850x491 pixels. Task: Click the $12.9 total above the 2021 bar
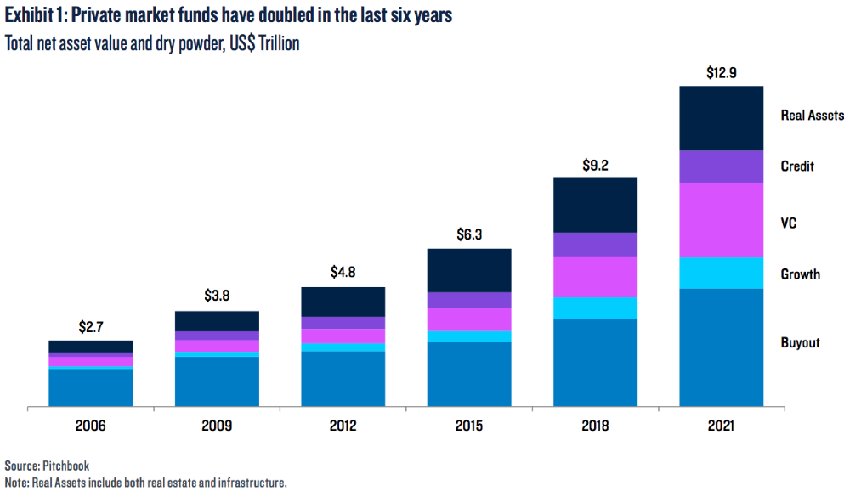click(722, 73)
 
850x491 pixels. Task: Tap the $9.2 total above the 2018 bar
click(595, 164)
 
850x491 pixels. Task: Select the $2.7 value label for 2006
click(90, 327)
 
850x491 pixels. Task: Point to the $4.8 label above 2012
click(343, 274)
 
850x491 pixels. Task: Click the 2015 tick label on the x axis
click(468, 426)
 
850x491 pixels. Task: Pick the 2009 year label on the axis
click(216, 426)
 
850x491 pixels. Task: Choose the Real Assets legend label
click(812, 115)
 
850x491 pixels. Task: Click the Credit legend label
click(797, 166)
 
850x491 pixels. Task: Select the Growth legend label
click(800, 274)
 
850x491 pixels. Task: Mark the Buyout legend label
click(800, 343)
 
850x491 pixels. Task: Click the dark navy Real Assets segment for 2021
click(722, 118)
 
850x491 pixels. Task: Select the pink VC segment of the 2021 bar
click(722, 219)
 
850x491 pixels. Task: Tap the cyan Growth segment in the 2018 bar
click(595, 308)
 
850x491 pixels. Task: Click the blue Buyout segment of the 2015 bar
click(468, 375)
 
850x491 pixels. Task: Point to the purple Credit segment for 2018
click(595, 244)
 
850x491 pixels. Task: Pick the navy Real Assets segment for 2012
click(343, 302)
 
